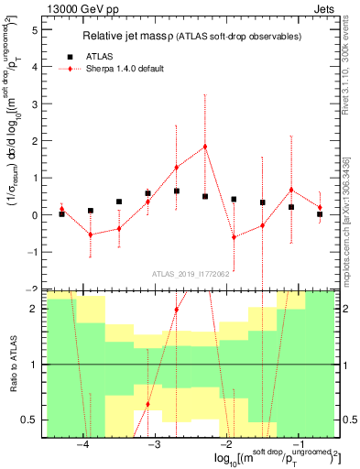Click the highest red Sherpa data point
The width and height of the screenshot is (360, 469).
(x=205, y=147)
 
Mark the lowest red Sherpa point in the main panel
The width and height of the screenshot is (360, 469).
(x=234, y=237)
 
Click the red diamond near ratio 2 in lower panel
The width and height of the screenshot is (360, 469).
(x=176, y=310)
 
